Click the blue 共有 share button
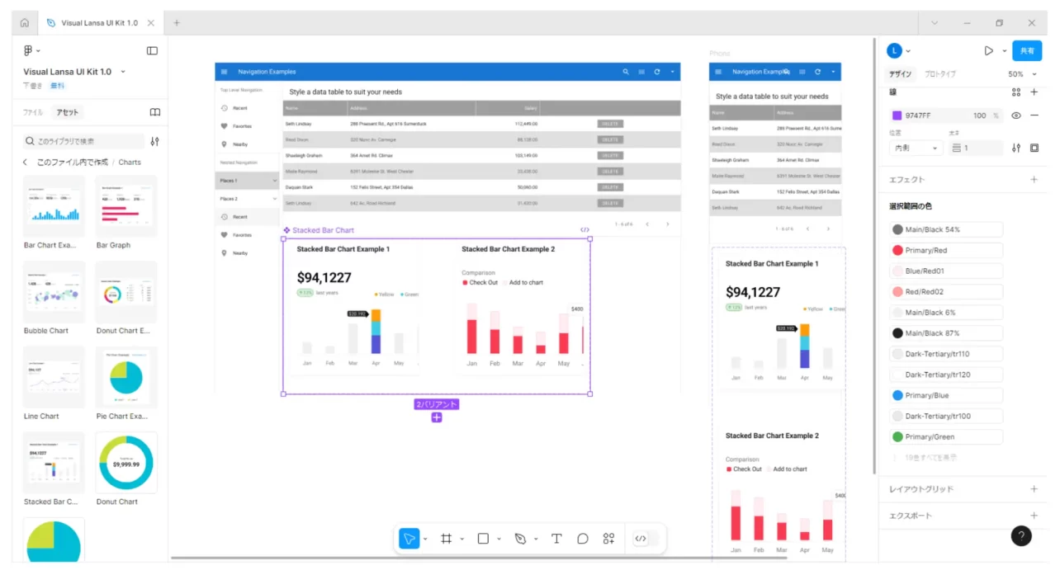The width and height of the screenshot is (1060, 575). [1027, 50]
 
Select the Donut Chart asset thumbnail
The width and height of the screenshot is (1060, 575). [126, 463]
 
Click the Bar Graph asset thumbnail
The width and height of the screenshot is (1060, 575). [126, 205]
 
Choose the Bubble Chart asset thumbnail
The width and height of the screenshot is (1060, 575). [54, 291]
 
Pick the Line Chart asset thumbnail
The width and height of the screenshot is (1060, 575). [54, 377]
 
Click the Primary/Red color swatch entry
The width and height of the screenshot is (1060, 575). [945, 251]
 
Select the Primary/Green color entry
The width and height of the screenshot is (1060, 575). [945, 437]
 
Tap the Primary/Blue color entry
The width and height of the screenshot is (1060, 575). [945, 395]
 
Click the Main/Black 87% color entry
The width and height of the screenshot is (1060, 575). [945, 333]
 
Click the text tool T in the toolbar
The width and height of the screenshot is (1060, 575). [556, 539]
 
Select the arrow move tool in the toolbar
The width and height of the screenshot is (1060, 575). [409, 539]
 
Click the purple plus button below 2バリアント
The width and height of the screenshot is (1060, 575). [437, 417]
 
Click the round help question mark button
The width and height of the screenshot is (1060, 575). [1021, 536]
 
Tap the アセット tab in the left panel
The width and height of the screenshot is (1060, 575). [67, 112]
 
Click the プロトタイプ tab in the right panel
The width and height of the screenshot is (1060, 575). [940, 74]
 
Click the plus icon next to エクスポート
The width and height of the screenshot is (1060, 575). [1034, 516]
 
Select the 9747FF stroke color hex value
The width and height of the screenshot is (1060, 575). [919, 115]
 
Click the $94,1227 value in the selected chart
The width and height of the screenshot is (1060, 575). [324, 278]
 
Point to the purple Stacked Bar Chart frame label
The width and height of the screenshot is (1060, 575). [323, 231]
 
